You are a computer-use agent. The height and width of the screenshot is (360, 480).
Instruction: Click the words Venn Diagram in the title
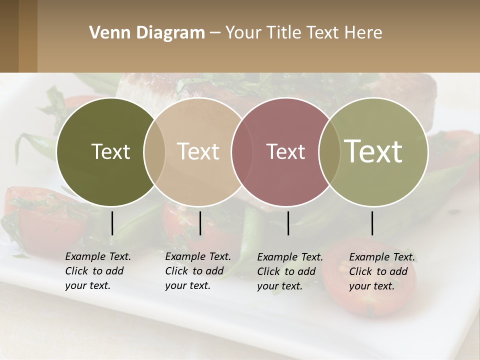click(x=147, y=33)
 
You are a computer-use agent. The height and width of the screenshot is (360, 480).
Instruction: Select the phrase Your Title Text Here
click(x=303, y=33)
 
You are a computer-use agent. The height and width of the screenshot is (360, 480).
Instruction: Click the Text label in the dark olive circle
click(x=110, y=151)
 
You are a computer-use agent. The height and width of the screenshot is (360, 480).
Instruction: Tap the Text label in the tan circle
click(x=198, y=151)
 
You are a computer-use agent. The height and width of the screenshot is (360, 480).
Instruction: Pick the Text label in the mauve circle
click(x=286, y=151)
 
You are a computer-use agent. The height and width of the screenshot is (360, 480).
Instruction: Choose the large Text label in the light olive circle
click(x=373, y=151)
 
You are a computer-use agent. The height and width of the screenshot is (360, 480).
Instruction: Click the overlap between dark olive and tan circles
click(x=154, y=151)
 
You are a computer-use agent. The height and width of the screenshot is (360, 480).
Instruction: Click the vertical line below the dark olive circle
click(x=112, y=223)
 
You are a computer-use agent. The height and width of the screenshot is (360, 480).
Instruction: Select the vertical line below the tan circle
click(x=200, y=223)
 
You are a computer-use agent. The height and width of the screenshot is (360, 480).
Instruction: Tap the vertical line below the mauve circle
click(x=288, y=223)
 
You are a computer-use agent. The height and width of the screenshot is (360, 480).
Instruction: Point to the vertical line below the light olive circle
click(x=372, y=223)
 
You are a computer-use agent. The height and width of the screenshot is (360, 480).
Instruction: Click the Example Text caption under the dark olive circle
click(x=97, y=271)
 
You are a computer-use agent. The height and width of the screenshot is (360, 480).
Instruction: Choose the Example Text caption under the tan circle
click(x=197, y=271)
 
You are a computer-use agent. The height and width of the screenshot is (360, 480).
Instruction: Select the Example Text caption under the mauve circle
click(x=289, y=271)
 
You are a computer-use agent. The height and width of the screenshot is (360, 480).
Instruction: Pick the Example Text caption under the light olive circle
click(x=381, y=271)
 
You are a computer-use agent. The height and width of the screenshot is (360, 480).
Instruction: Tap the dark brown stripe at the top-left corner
click(x=9, y=36)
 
